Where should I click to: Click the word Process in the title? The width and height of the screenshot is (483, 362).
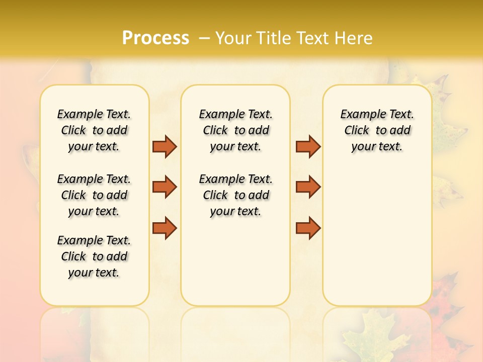pyautogui.click(x=155, y=38)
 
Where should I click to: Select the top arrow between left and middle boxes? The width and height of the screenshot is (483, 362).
pyautogui.click(x=165, y=146)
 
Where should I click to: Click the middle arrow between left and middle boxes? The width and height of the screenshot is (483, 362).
pyautogui.click(x=165, y=187)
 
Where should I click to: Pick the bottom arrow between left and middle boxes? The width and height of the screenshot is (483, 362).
pyautogui.click(x=165, y=228)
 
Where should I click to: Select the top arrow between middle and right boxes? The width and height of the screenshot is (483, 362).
pyautogui.click(x=308, y=146)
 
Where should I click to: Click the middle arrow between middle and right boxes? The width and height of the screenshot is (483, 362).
pyautogui.click(x=308, y=187)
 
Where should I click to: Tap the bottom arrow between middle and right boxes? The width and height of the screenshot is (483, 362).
pyautogui.click(x=308, y=228)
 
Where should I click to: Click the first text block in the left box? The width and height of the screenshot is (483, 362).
pyautogui.click(x=94, y=130)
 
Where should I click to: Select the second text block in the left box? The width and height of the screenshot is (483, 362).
pyautogui.click(x=94, y=195)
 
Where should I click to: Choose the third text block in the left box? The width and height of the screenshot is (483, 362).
pyautogui.click(x=94, y=256)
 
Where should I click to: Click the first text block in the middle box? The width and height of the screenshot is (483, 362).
pyautogui.click(x=235, y=130)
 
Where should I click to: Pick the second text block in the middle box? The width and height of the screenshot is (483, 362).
pyautogui.click(x=235, y=195)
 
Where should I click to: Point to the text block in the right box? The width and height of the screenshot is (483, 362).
pyautogui.click(x=377, y=130)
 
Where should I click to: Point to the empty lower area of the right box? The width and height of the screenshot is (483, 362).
pyautogui.click(x=377, y=241)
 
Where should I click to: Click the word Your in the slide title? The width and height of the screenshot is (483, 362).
pyautogui.click(x=234, y=38)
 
